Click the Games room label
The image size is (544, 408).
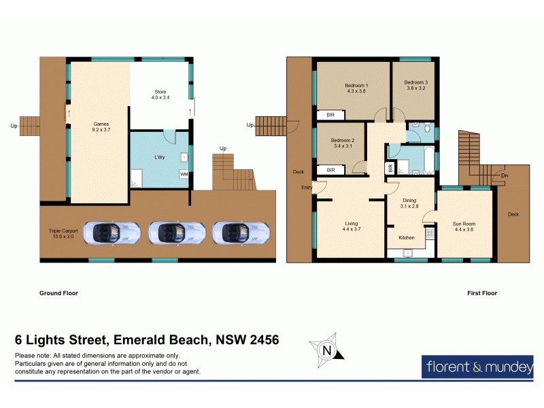[101, 127]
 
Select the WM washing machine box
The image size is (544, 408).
[184, 175]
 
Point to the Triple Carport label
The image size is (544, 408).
[61, 233]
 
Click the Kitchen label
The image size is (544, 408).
[406, 238]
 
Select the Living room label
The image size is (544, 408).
[352, 226]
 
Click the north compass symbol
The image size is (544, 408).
[326, 350]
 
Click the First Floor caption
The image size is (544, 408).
[481, 294]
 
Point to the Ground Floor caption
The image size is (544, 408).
[58, 294]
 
